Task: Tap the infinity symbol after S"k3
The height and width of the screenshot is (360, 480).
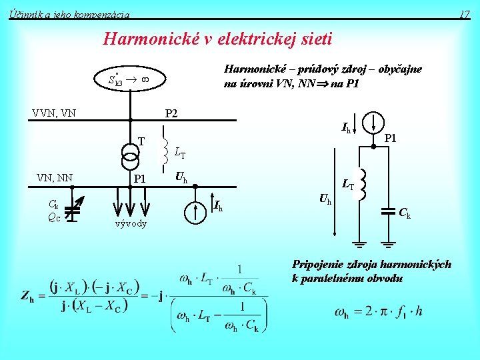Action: pyautogui.click(x=144, y=79)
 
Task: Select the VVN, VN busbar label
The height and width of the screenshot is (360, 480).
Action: pyautogui.click(x=54, y=113)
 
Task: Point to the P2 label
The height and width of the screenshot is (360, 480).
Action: pyautogui.click(x=171, y=113)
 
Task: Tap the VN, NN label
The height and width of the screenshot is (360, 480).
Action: pyautogui.click(x=55, y=177)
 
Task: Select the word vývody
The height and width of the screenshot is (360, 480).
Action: pyautogui.click(x=130, y=223)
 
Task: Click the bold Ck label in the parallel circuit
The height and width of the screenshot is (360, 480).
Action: pyautogui.click(x=405, y=213)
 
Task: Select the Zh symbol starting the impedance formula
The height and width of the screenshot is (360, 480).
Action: pyautogui.click(x=28, y=295)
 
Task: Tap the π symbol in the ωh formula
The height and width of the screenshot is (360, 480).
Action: pyautogui.click(x=381, y=311)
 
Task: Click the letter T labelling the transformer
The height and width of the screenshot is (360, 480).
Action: pyautogui.click(x=141, y=141)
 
